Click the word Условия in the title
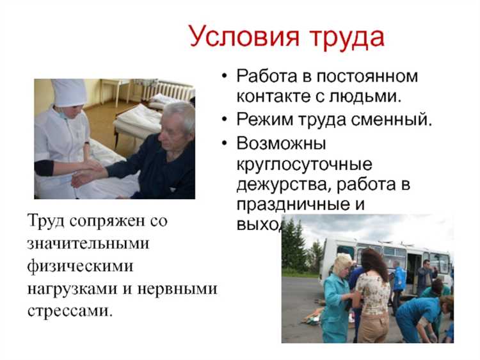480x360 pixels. [x=239, y=37]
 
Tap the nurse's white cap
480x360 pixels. [x=69, y=92]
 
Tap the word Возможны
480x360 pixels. [x=281, y=142]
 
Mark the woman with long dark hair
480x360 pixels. [x=373, y=291]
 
